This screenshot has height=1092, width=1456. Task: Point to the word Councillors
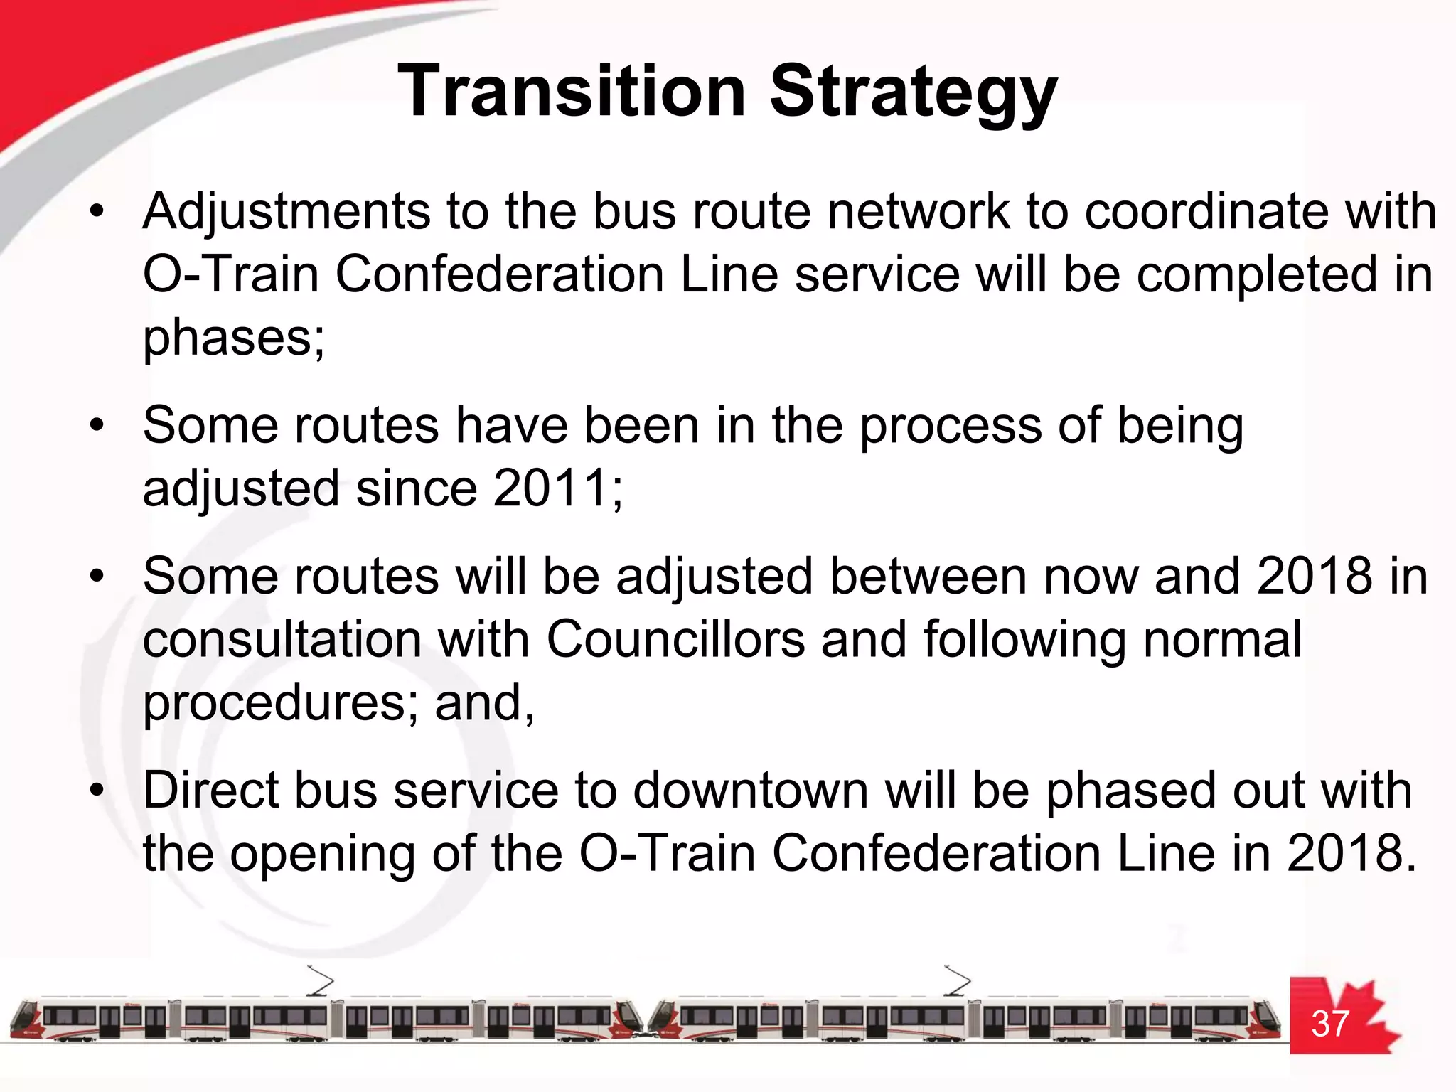675,638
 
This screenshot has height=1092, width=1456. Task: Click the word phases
233,338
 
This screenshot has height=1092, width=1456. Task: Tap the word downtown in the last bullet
750,791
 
